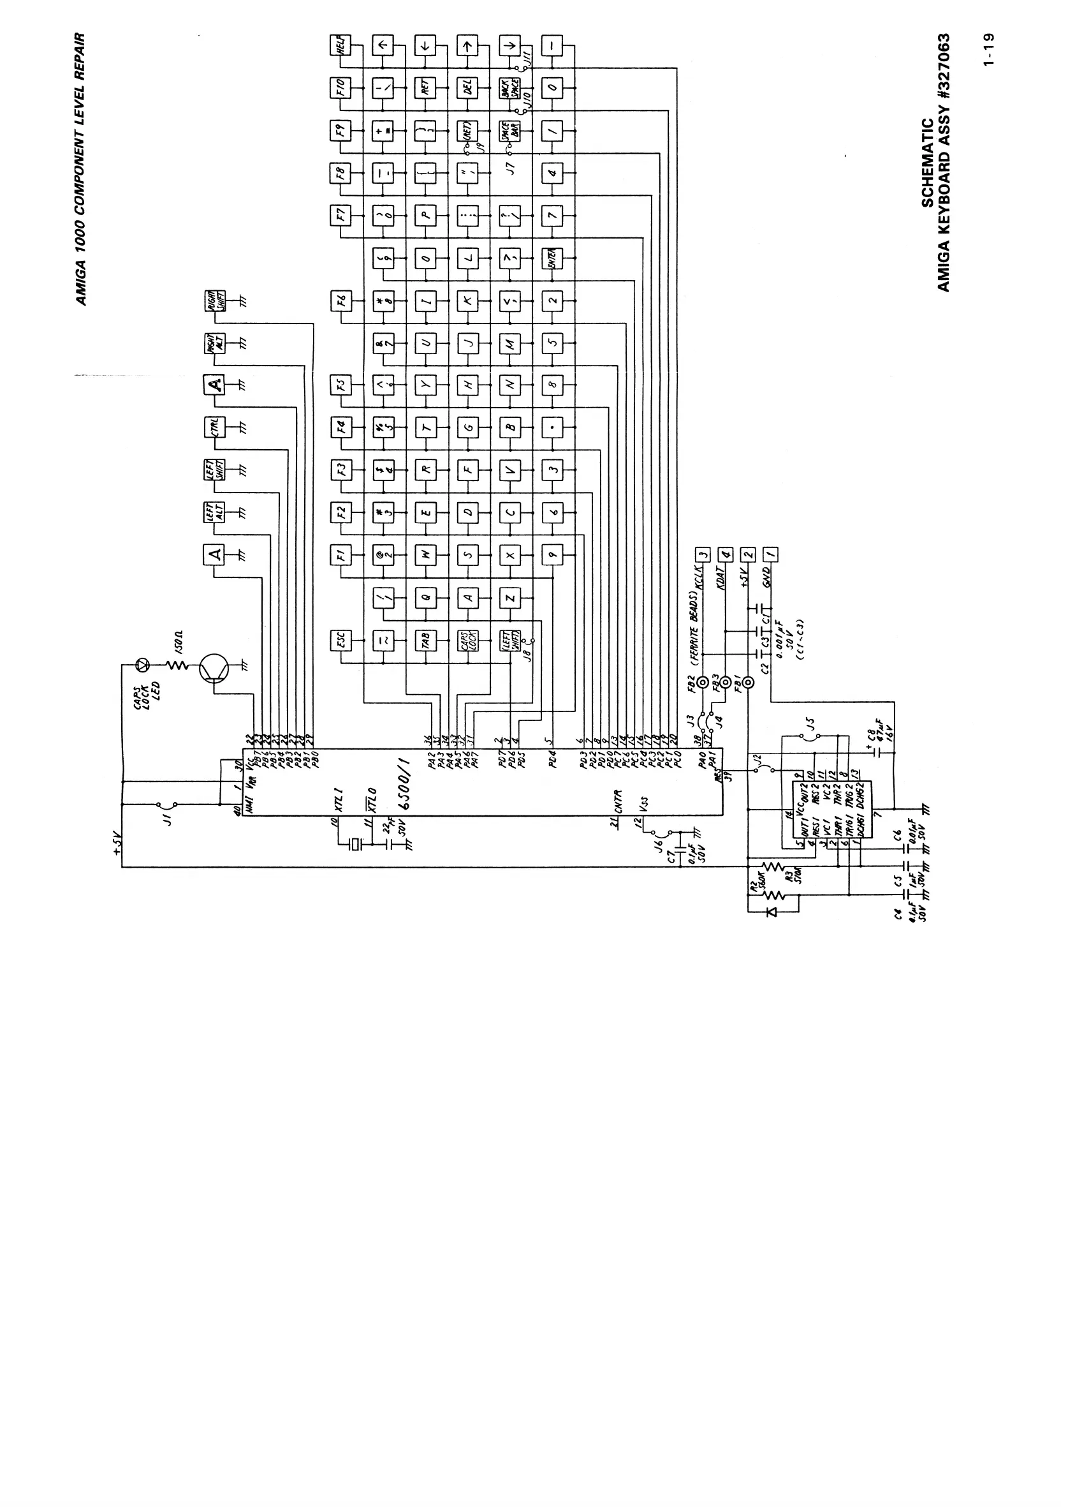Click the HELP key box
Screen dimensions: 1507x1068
click(x=340, y=46)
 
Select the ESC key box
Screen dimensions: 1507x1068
click(x=340, y=641)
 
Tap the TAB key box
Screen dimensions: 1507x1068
click(x=425, y=641)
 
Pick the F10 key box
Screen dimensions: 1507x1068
click(x=340, y=88)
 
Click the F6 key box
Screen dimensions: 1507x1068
click(x=340, y=302)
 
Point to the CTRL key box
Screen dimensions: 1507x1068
click(x=214, y=427)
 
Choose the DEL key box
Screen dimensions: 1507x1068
click(x=467, y=88)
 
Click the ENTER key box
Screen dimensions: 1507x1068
click(x=552, y=258)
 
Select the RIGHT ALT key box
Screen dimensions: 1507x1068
click(x=214, y=343)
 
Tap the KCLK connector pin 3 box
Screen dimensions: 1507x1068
click(x=703, y=555)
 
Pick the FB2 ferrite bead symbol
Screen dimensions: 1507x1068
click(x=703, y=683)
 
